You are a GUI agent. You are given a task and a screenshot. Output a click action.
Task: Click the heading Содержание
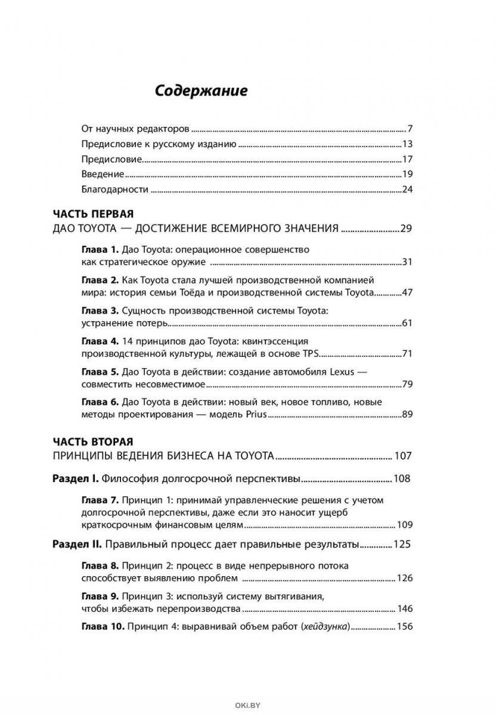[x=201, y=91]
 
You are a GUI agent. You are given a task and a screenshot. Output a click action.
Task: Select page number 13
[x=408, y=144]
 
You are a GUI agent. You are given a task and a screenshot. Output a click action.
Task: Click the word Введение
[x=103, y=175]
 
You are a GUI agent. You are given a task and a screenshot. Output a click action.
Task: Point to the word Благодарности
[x=114, y=190]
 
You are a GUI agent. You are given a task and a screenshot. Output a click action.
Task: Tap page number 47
[x=408, y=292]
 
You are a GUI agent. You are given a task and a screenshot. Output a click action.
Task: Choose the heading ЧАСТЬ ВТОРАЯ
[x=93, y=442]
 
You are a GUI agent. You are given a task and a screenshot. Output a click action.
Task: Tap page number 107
[x=403, y=456]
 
